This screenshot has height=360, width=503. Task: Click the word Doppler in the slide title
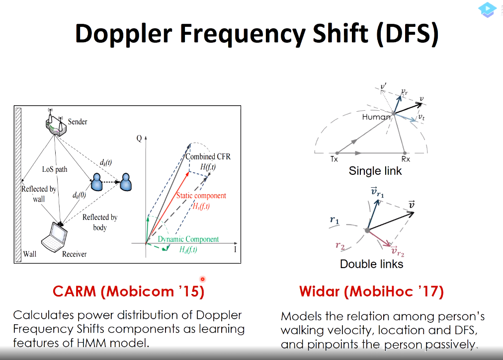123,34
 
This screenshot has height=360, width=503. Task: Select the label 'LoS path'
55,169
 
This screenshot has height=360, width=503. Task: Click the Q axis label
139,139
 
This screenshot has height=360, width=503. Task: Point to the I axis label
235,249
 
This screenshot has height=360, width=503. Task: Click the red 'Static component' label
201,196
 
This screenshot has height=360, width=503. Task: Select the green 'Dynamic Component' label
188,239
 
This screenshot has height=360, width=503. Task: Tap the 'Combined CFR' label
208,156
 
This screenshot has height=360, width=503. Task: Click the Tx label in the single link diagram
334,159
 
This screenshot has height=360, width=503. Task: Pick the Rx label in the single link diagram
406,159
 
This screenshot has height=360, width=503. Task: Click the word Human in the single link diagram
376,117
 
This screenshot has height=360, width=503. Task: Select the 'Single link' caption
375,171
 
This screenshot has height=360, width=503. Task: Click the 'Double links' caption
371,264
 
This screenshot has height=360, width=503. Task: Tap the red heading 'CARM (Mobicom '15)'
128,291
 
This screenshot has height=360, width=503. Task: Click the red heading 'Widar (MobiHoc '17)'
371,291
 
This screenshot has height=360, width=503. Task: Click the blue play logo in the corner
487,9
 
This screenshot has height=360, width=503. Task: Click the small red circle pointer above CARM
202,279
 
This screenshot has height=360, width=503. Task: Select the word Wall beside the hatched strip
30,254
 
